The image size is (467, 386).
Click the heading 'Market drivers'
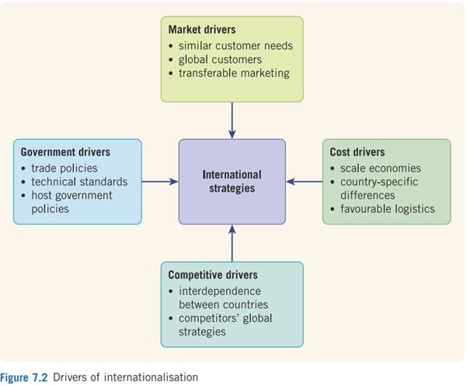203,30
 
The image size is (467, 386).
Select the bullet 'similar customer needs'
235,45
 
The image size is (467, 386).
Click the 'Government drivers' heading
65,152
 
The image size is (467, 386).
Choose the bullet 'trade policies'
64,168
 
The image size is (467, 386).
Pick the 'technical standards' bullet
78,182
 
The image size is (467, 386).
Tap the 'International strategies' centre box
232,181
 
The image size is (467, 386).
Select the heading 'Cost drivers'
357,152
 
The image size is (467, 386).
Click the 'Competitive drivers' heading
213,275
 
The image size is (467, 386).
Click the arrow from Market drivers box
232,120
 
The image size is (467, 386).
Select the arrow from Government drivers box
160,182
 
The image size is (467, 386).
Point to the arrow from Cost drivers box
304,182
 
